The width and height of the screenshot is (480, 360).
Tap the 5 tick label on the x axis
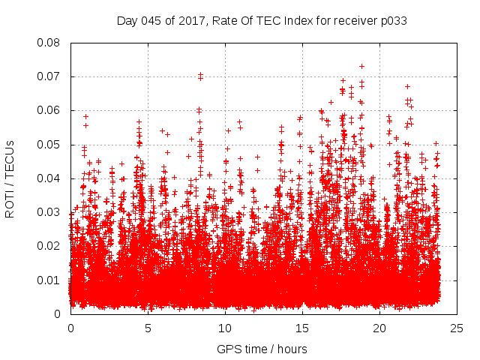(x=148, y=328)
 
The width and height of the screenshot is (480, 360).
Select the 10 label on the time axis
(x=225, y=328)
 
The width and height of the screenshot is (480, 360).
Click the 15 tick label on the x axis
(x=302, y=328)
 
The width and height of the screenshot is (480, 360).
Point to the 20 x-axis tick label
(x=379, y=328)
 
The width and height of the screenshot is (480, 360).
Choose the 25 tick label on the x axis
(x=457, y=328)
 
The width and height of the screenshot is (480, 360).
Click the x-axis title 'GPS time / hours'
(x=262, y=349)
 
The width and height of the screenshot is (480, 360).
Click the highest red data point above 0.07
(x=361, y=66)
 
